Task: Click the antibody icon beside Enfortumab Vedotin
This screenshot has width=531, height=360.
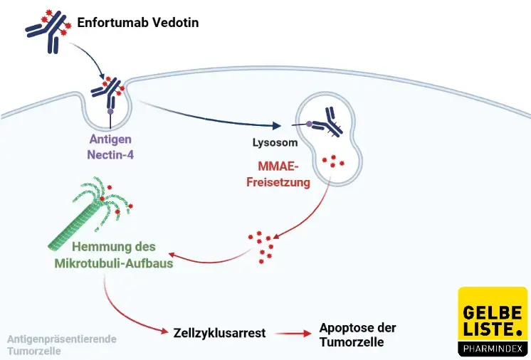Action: [49, 30]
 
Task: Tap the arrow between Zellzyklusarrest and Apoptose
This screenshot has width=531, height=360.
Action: [290, 333]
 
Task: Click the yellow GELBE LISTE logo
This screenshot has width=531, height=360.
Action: [493, 321]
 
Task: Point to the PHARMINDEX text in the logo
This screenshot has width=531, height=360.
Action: [493, 348]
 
